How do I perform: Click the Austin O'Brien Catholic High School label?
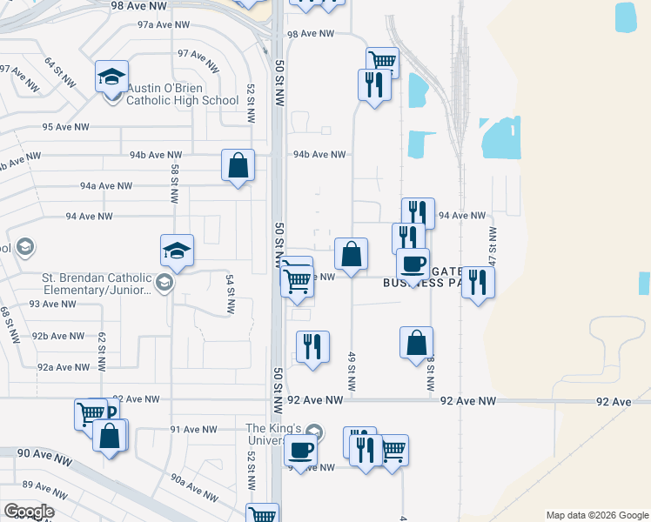[182, 94]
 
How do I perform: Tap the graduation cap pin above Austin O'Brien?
[111, 76]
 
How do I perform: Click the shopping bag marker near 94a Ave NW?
[238, 165]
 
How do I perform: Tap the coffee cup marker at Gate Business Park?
[413, 263]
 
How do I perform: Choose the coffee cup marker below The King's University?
[301, 451]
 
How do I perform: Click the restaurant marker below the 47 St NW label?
[478, 282]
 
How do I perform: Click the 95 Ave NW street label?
[66, 127]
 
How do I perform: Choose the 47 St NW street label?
[493, 245]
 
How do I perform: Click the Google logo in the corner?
[29, 512]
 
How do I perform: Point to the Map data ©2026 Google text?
[596, 515]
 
